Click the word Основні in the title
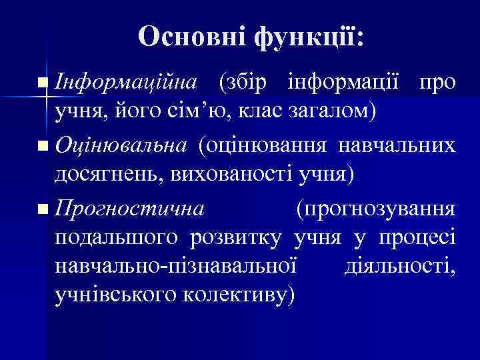coord(191,37)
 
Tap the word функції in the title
coord(306,37)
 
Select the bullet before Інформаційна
coord(43,83)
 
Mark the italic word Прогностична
coord(129,209)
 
